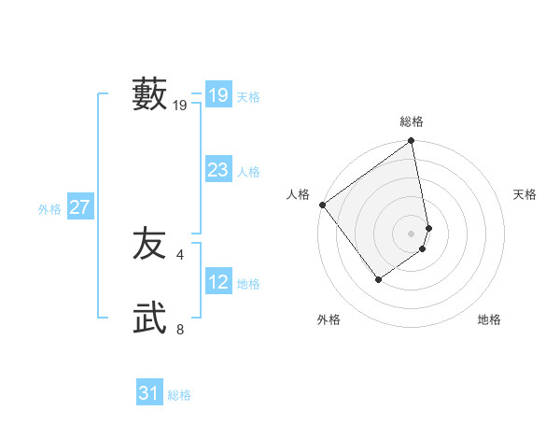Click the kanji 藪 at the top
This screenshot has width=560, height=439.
[x=149, y=94]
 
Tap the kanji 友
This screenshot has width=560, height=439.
[x=149, y=244]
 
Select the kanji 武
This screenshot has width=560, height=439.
[x=149, y=319]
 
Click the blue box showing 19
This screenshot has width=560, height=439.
[x=218, y=95]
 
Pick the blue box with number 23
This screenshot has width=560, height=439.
[x=218, y=170]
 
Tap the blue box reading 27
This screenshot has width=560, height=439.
[x=79, y=207]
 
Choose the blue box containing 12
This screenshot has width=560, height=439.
[x=218, y=282]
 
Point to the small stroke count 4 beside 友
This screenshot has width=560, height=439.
[x=180, y=254]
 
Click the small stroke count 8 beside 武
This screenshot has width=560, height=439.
[x=180, y=329]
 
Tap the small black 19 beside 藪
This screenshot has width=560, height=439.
[x=180, y=106]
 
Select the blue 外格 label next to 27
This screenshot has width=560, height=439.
[x=49, y=209]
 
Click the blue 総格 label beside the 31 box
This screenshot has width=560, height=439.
[x=179, y=395]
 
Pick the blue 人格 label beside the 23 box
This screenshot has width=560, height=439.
[x=248, y=172]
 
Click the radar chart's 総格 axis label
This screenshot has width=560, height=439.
[x=412, y=121]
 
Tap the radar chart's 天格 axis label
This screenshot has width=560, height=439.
[x=525, y=194]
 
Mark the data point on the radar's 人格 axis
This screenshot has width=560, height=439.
[x=322, y=205]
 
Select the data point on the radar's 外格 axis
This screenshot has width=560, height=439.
[x=379, y=278]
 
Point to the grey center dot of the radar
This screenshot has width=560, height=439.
[x=412, y=233]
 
